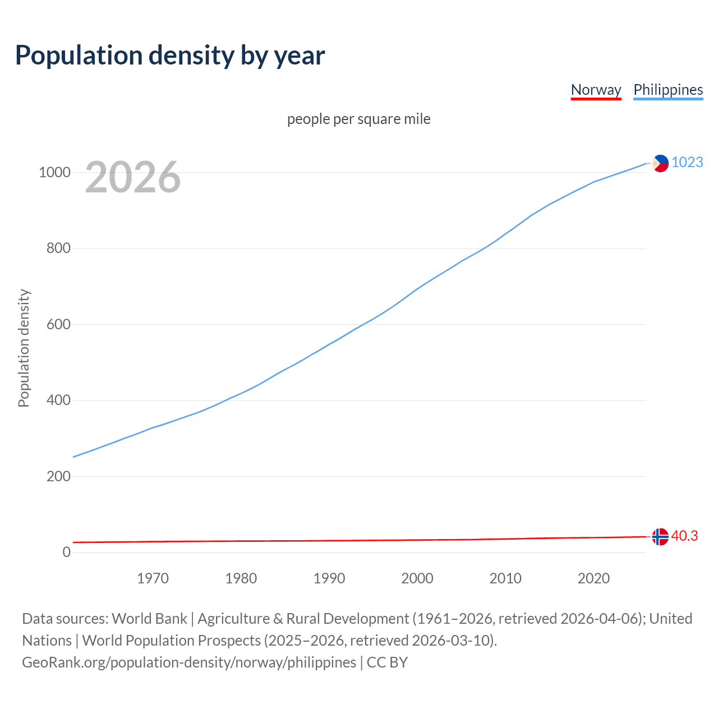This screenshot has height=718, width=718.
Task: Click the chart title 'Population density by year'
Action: click(x=170, y=56)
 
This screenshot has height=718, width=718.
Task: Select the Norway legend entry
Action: click(x=596, y=90)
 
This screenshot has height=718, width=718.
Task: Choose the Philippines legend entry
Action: click(x=668, y=90)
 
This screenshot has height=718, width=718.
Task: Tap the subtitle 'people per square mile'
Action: click(x=359, y=119)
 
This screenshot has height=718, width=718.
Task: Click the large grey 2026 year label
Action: click(x=133, y=177)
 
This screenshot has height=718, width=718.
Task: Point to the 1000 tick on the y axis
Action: click(x=54, y=172)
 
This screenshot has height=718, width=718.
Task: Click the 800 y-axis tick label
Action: click(x=58, y=248)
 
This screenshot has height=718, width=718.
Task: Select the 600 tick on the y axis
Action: click(x=58, y=324)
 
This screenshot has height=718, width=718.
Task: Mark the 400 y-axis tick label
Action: click(x=58, y=401)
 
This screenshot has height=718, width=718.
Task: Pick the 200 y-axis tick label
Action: click(x=58, y=476)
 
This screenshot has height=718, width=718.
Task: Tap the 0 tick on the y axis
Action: click(x=67, y=553)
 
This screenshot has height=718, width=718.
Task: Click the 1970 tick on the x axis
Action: click(x=153, y=578)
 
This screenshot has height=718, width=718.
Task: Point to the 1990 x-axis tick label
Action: click(x=329, y=578)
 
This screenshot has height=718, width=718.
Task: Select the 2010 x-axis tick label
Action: click(x=505, y=578)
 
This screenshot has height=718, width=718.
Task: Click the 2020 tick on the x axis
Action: click(x=593, y=578)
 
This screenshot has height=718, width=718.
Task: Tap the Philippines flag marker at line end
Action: click(x=660, y=163)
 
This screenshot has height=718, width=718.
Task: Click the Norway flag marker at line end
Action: click(x=660, y=537)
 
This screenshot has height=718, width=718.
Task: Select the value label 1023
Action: click(x=687, y=163)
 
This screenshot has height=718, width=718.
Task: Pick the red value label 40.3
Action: click(x=684, y=536)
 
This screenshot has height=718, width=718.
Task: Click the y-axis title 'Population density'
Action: click(x=24, y=348)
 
